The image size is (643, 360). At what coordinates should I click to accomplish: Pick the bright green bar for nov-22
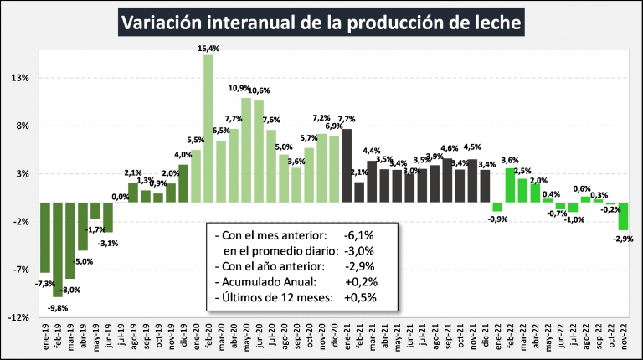click(623, 216)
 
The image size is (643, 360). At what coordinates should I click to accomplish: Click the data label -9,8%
click(57, 306)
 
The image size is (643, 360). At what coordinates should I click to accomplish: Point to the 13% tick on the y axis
click(19, 78)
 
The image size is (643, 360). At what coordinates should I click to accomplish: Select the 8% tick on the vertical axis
click(22, 126)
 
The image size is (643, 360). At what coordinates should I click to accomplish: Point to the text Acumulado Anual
click(266, 282)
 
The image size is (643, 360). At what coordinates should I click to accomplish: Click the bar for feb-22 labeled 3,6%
click(510, 185)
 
